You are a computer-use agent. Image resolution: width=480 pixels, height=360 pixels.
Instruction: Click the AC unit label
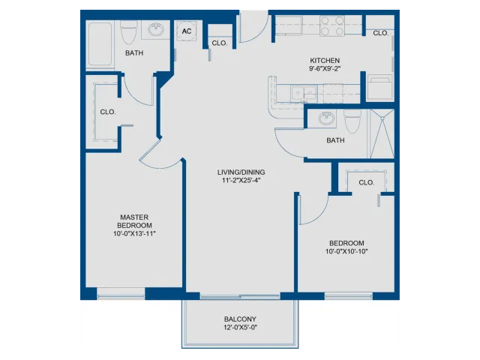coord(187,31)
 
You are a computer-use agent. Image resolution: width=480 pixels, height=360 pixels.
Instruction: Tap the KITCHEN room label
coord(325,61)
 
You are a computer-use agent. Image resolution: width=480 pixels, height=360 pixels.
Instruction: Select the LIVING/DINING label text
coord(241,172)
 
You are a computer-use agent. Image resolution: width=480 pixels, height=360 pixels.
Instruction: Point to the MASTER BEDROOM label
coord(134,221)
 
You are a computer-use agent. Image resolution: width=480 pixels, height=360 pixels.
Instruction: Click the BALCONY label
coord(240,319)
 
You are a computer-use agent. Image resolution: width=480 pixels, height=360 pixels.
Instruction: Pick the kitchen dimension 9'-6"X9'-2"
coord(325,69)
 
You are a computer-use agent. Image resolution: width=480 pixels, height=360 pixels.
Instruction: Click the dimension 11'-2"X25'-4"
coord(241,181)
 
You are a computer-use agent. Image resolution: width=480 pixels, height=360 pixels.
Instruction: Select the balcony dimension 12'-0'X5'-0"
coord(240,328)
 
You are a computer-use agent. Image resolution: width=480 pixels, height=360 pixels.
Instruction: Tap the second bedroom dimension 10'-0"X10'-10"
coord(346,252)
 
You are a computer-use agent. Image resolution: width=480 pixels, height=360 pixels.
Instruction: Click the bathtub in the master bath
coord(100,44)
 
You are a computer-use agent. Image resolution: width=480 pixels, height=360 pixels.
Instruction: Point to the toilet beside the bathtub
coord(128,33)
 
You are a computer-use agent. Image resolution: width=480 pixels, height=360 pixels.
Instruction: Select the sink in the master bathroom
coord(156,30)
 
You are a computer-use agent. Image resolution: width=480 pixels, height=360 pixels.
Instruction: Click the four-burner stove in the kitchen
coord(332,26)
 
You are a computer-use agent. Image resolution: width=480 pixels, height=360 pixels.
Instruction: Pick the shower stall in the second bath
coord(382,133)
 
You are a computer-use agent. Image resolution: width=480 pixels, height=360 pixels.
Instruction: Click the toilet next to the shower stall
coord(352,121)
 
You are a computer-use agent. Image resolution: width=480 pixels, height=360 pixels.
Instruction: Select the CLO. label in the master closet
coord(108,112)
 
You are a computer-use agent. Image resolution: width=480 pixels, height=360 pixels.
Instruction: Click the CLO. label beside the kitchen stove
coord(380,33)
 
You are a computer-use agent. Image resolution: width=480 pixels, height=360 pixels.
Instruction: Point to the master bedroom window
coord(121,296)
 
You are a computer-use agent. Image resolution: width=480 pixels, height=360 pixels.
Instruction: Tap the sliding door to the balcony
coord(240,296)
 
